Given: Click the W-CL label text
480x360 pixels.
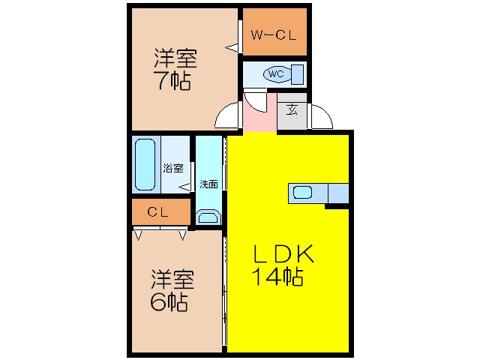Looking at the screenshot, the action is click(273, 35).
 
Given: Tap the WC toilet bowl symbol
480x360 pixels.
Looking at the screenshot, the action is click(277, 74).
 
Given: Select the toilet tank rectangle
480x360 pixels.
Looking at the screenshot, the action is click(297, 74).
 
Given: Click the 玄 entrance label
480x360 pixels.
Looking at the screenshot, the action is click(292, 109).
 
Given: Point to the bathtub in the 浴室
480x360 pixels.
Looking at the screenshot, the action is click(145, 165).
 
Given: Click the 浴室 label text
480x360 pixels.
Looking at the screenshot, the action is click(173, 168).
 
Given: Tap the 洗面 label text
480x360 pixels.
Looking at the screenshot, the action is click(208, 184).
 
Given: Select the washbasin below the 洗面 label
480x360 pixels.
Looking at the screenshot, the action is click(208, 217).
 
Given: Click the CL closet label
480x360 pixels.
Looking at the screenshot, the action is click(157, 211).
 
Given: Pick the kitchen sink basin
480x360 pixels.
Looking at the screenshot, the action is click(302, 193).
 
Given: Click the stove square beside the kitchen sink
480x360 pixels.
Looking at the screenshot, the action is click(338, 193).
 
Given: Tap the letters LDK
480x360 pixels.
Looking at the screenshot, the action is click(283, 253).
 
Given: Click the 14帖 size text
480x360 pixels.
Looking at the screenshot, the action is click(277, 277).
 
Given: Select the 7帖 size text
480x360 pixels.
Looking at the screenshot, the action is click(172, 80).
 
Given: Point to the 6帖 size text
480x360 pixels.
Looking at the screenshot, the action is click(169, 301).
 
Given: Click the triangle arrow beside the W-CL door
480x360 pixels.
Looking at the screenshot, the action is click(232, 47).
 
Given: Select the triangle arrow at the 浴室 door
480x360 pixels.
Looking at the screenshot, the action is click(184, 187).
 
